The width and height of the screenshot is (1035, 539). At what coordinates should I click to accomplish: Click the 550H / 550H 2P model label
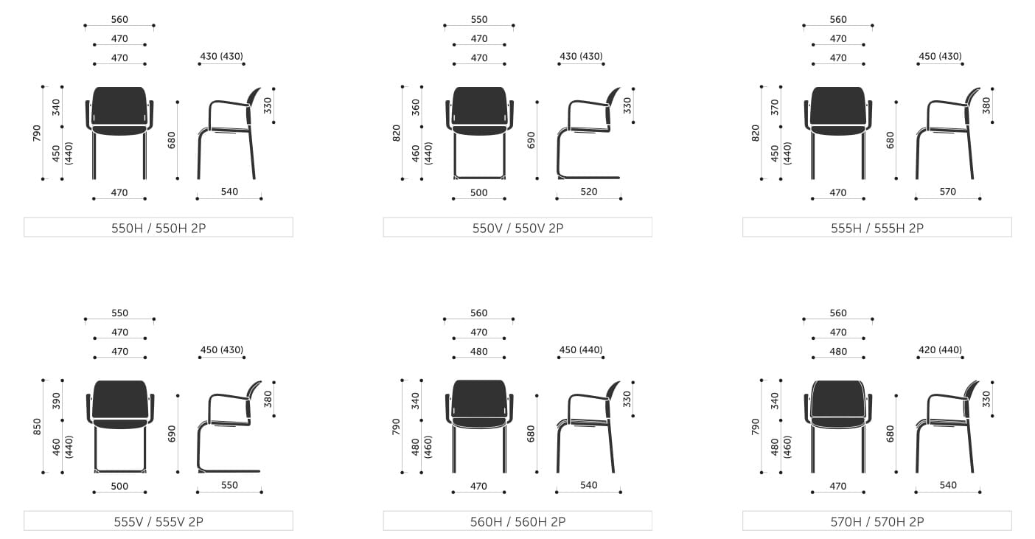coord(158,228)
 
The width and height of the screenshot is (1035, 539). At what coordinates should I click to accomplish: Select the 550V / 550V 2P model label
coord(517,228)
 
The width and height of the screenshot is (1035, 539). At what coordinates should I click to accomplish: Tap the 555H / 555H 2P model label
coord(877,228)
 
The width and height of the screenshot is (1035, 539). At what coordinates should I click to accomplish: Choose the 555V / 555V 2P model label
coord(158,521)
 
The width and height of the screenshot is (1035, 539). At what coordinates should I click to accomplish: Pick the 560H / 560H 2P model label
coord(517,521)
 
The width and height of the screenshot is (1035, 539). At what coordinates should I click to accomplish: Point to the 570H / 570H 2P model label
coord(877,521)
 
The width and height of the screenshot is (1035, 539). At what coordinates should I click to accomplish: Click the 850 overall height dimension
coord(37,426)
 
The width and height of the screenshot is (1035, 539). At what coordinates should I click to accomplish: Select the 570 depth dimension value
coord(948,192)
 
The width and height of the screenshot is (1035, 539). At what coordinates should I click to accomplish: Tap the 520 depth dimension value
coord(589,192)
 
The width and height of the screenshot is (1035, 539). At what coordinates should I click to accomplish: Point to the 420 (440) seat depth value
coord(941,350)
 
